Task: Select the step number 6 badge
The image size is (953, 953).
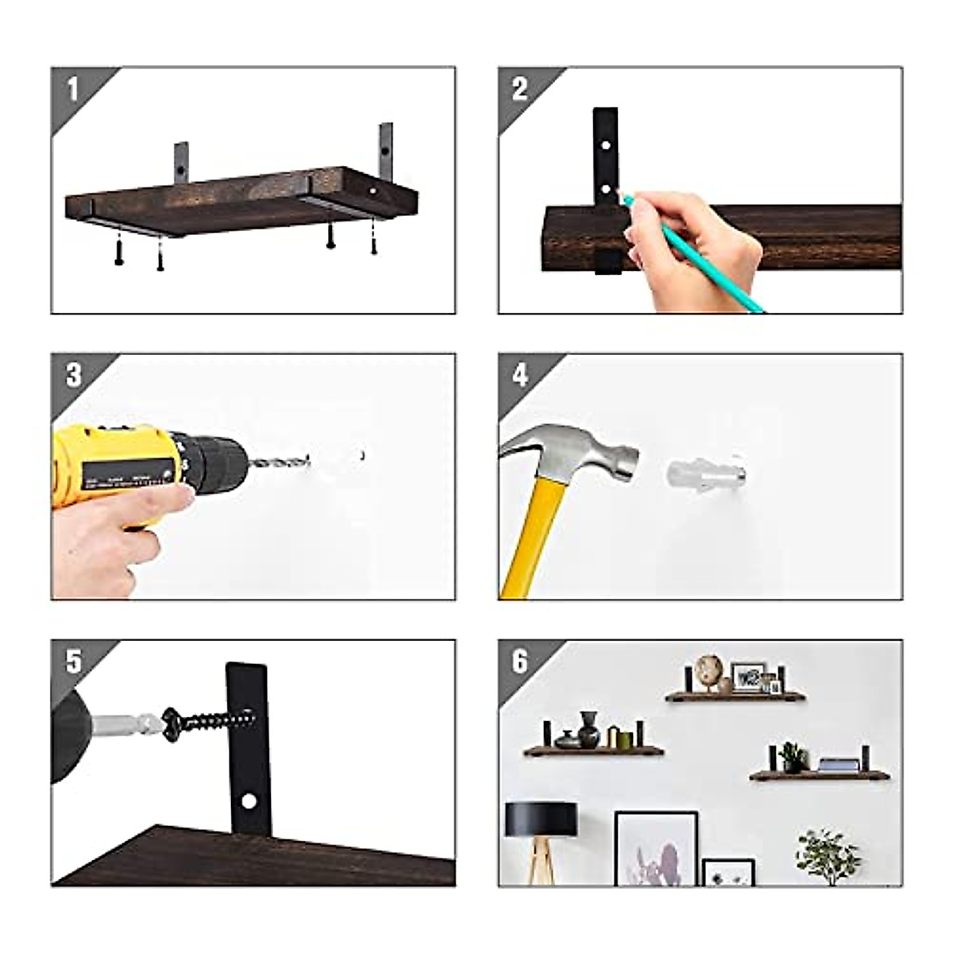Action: (x=520, y=661)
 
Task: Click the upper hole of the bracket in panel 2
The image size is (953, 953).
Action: (x=605, y=148)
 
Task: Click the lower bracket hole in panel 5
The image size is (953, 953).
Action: (x=249, y=802)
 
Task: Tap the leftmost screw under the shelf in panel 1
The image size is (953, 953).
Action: (x=119, y=253)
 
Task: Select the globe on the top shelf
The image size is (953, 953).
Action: (x=706, y=669)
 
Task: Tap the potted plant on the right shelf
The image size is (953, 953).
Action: (x=792, y=756)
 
